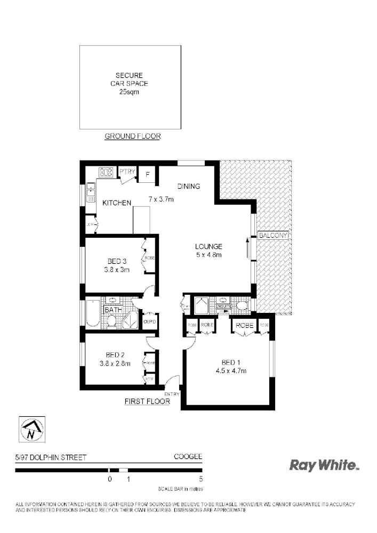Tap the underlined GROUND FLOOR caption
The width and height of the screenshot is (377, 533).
132,136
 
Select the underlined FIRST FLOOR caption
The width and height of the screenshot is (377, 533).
147,401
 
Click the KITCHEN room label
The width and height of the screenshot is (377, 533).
117,203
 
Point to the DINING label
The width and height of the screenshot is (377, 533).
189,187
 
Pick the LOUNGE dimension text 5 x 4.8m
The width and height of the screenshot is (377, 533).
208,255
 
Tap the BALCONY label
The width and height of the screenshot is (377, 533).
273,235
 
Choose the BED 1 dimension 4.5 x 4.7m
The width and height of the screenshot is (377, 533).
230,371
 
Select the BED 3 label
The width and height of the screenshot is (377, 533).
117,261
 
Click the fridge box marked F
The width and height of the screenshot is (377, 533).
148,174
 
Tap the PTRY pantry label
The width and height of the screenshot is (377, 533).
127,171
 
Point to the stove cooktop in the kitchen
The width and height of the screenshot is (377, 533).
106,172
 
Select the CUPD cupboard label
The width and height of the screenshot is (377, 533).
149,321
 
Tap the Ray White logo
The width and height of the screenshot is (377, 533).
324,465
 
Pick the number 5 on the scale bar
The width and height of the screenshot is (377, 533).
200,479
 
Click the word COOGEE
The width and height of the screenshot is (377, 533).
188,457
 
